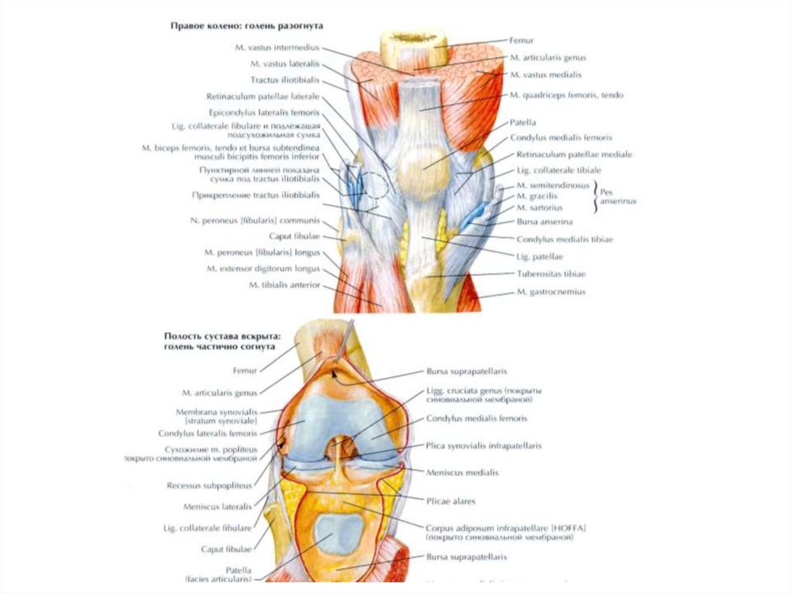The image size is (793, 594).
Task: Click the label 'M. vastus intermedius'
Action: pyautogui.click(x=276, y=47)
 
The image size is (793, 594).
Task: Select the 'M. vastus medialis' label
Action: pyautogui.click(x=545, y=74)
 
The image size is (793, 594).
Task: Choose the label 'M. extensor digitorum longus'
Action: pyautogui.click(x=263, y=268)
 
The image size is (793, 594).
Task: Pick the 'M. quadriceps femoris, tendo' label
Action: pyautogui.click(x=567, y=94)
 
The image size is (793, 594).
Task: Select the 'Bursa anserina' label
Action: pyautogui.click(x=544, y=221)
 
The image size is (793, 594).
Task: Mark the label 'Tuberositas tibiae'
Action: pyautogui.click(x=551, y=274)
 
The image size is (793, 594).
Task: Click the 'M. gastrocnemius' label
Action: pyautogui.click(x=550, y=292)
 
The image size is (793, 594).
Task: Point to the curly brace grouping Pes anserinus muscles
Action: pyautogui.click(x=596, y=197)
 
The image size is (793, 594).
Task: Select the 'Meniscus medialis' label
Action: pyautogui.click(x=462, y=471)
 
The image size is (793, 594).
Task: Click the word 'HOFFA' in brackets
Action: pyautogui.click(x=570, y=527)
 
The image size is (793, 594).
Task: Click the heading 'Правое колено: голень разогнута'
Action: pyautogui.click(x=246, y=26)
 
